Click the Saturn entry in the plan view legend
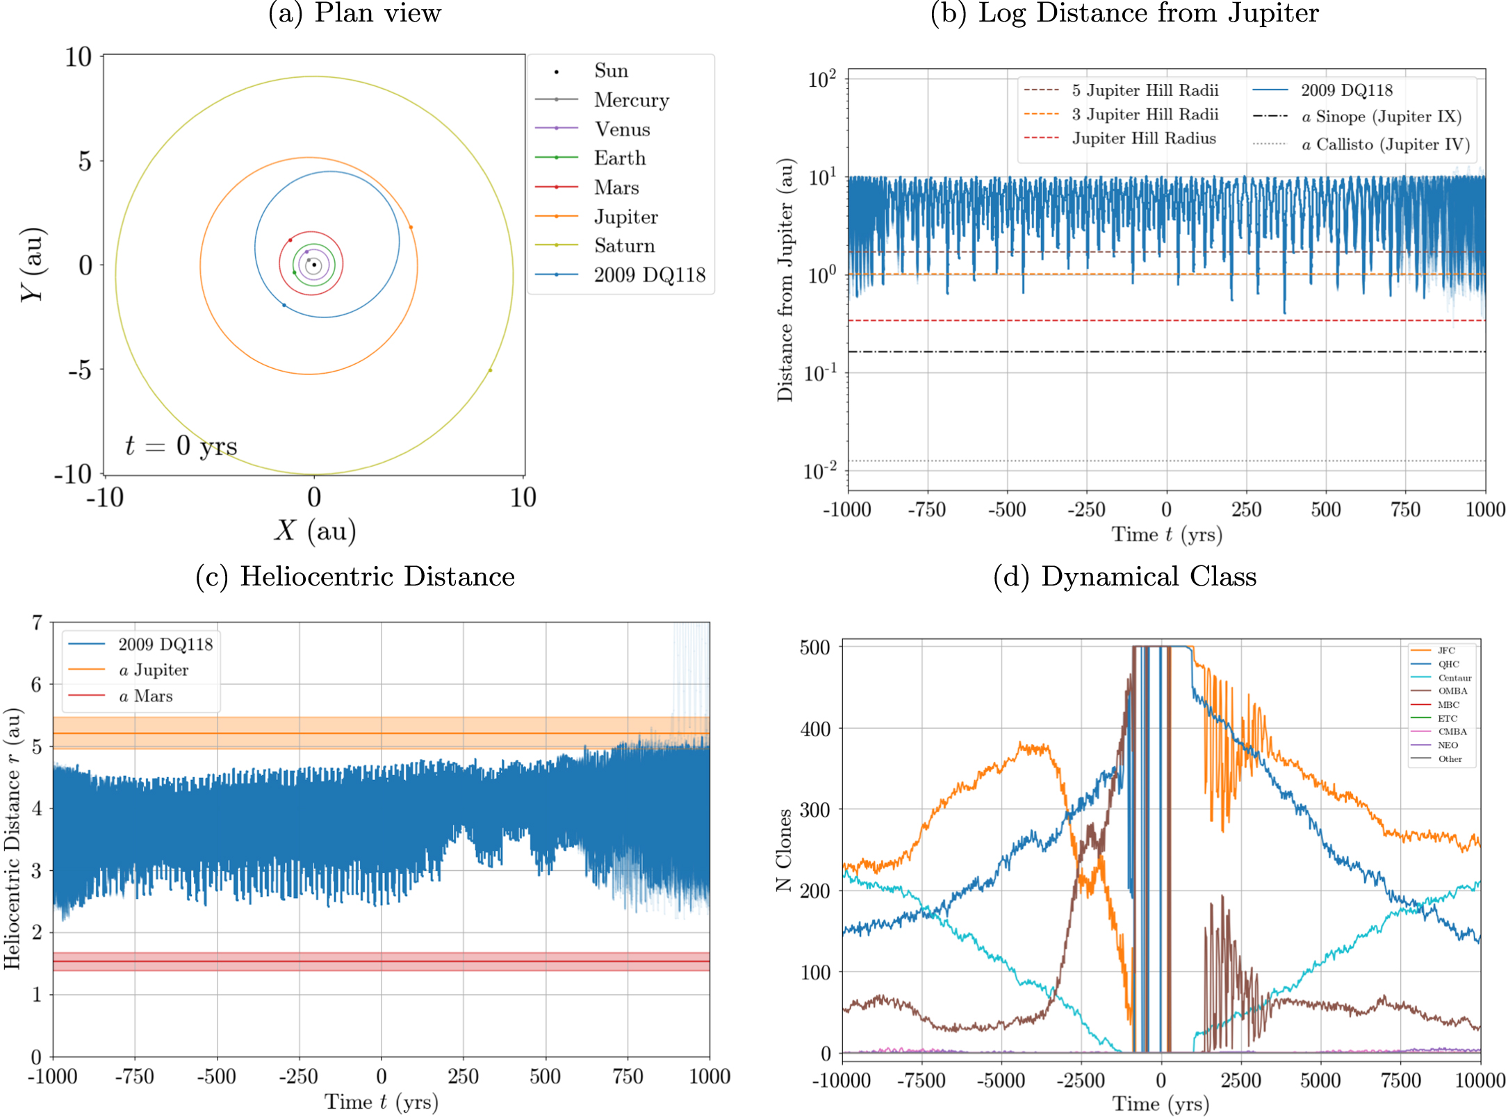point(623,246)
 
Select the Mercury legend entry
point(630,100)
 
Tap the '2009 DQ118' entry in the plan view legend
point(648,275)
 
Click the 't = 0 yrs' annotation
point(181,446)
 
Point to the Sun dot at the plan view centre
point(314,265)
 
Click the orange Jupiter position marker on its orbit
point(411,227)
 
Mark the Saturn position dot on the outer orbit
point(490,370)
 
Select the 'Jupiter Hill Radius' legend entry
point(1143,138)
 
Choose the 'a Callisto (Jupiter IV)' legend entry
point(1385,144)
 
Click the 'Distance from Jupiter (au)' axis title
point(785,280)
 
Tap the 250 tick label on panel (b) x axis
point(1246,510)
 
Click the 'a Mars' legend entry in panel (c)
point(145,696)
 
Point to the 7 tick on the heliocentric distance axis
point(37,622)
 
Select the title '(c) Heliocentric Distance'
point(355,577)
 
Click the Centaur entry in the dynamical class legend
point(1454,678)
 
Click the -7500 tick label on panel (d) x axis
point(921,1081)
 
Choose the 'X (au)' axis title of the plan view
point(315,531)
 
